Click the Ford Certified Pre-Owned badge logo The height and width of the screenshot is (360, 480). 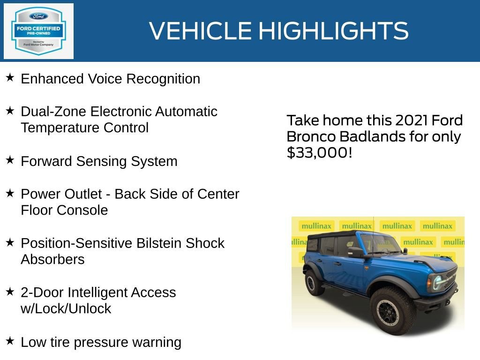click(x=38, y=31)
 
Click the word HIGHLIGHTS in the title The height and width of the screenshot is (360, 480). click(x=333, y=31)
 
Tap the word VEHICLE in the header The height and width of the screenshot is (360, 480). click(x=202, y=31)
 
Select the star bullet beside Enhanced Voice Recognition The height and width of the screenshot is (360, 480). click(x=10, y=78)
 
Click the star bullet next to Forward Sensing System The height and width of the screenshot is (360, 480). click(x=10, y=160)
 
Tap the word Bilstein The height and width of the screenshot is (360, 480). click(x=159, y=243)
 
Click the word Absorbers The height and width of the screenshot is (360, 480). click(x=52, y=259)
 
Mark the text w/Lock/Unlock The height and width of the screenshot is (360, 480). click(x=66, y=309)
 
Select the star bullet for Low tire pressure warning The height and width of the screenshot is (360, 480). click(x=10, y=341)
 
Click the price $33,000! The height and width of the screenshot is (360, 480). click(x=319, y=153)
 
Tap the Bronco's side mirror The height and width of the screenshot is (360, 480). click(x=355, y=252)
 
